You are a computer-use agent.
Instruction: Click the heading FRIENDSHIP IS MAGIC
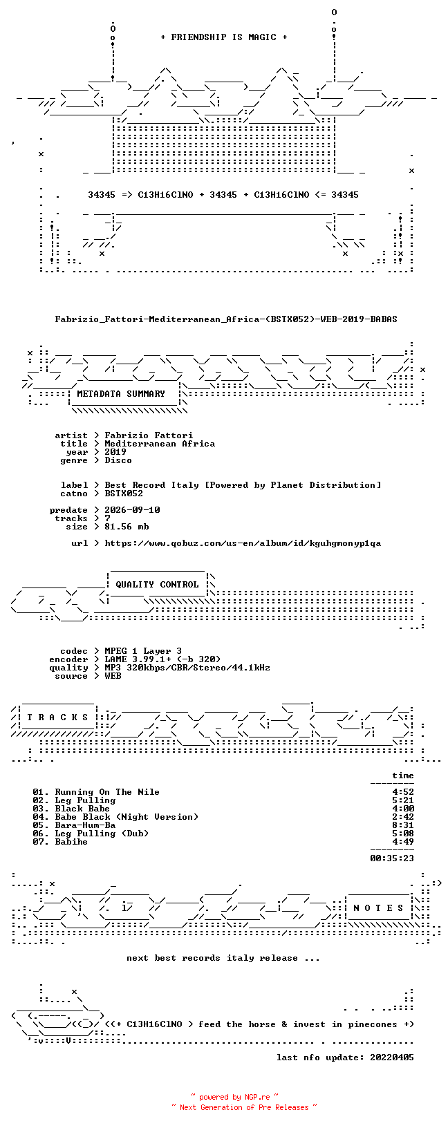224,37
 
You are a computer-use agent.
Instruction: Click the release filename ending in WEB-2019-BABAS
226,319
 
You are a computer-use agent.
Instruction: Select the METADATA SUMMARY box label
121,394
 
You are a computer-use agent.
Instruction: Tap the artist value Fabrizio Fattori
149,435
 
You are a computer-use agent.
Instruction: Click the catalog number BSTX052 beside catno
124,493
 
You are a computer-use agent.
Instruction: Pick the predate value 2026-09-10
133,510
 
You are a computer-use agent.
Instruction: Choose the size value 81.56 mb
127,527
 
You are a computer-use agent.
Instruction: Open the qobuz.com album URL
243,543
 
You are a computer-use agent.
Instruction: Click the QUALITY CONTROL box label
157,585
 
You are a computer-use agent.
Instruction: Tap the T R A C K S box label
57,717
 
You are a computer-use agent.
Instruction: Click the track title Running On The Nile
107,792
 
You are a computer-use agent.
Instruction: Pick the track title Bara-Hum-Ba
85,825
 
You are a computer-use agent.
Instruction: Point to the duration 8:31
403,825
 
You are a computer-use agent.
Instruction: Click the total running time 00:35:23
392,858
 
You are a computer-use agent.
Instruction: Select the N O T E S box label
378,908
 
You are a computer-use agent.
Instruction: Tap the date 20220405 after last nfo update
392,1057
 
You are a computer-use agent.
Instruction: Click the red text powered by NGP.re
234,1097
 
